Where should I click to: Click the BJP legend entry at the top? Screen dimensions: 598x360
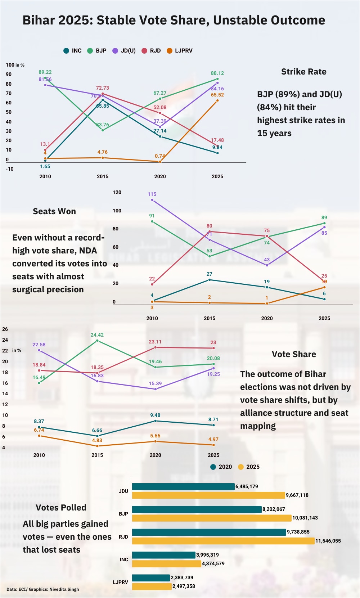[x=97, y=51]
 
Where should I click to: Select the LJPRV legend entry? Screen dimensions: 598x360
[x=180, y=51]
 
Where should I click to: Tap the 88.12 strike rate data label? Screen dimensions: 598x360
[x=217, y=73]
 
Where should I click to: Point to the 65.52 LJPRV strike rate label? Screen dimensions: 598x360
[x=217, y=95]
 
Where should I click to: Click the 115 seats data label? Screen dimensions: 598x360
[x=152, y=194]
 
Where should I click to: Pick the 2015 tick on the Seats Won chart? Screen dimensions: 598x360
[x=210, y=318]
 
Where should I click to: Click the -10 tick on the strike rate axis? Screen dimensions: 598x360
[x=10, y=169]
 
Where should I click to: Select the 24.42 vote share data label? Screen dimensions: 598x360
[x=97, y=335]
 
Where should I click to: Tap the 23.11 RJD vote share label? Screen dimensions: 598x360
[x=155, y=342]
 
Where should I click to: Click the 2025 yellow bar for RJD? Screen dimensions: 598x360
[x=223, y=541]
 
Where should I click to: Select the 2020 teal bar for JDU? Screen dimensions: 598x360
[x=183, y=486]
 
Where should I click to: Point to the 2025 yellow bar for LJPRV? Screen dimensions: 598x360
[x=152, y=586]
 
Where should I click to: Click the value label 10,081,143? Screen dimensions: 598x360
[x=305, y=518]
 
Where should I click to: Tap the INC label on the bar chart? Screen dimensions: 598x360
[x=124, y=559]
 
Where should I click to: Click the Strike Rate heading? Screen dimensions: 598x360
[x=303, y=72]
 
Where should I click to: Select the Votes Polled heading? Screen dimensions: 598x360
[x=61, y=508]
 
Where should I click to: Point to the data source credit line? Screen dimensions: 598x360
[x=42, y=589]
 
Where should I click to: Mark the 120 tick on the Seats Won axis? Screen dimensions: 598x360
[x=117, y=192]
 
